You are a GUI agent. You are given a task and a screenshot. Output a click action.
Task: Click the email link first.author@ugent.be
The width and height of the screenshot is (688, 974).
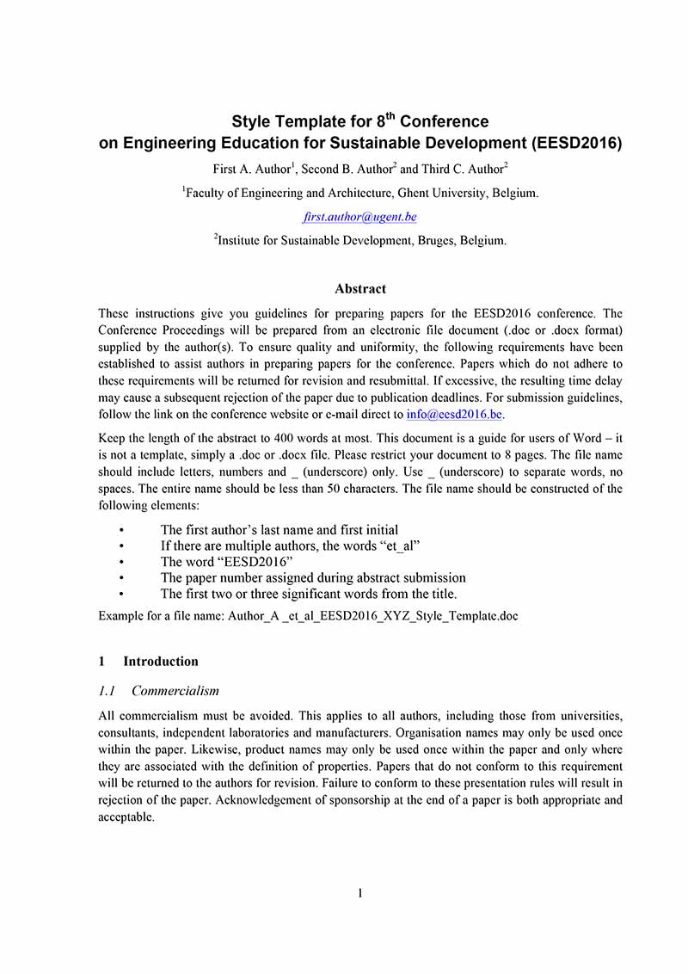click(x=360, y=218)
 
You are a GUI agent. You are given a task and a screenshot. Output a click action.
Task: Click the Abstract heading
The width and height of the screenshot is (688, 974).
click(x=360, y=289)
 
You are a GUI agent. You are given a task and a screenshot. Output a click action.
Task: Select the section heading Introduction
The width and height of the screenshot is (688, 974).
click(x=161, y=662)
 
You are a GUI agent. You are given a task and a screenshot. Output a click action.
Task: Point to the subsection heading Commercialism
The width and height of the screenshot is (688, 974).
click(x=175, y=691)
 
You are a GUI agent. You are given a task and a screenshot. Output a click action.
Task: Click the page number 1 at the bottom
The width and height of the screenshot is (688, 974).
click(x=360, y=893)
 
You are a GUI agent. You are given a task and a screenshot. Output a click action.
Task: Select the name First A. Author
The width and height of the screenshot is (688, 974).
click(x=250, y=170)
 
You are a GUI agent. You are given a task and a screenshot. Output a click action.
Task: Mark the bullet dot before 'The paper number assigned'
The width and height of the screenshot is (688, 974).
click(x=124, y=578)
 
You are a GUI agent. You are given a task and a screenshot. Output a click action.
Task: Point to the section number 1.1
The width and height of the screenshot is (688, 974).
click(x=107, y=691)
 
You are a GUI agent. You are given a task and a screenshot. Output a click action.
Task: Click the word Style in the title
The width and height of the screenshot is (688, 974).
click(x=252, y=122)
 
